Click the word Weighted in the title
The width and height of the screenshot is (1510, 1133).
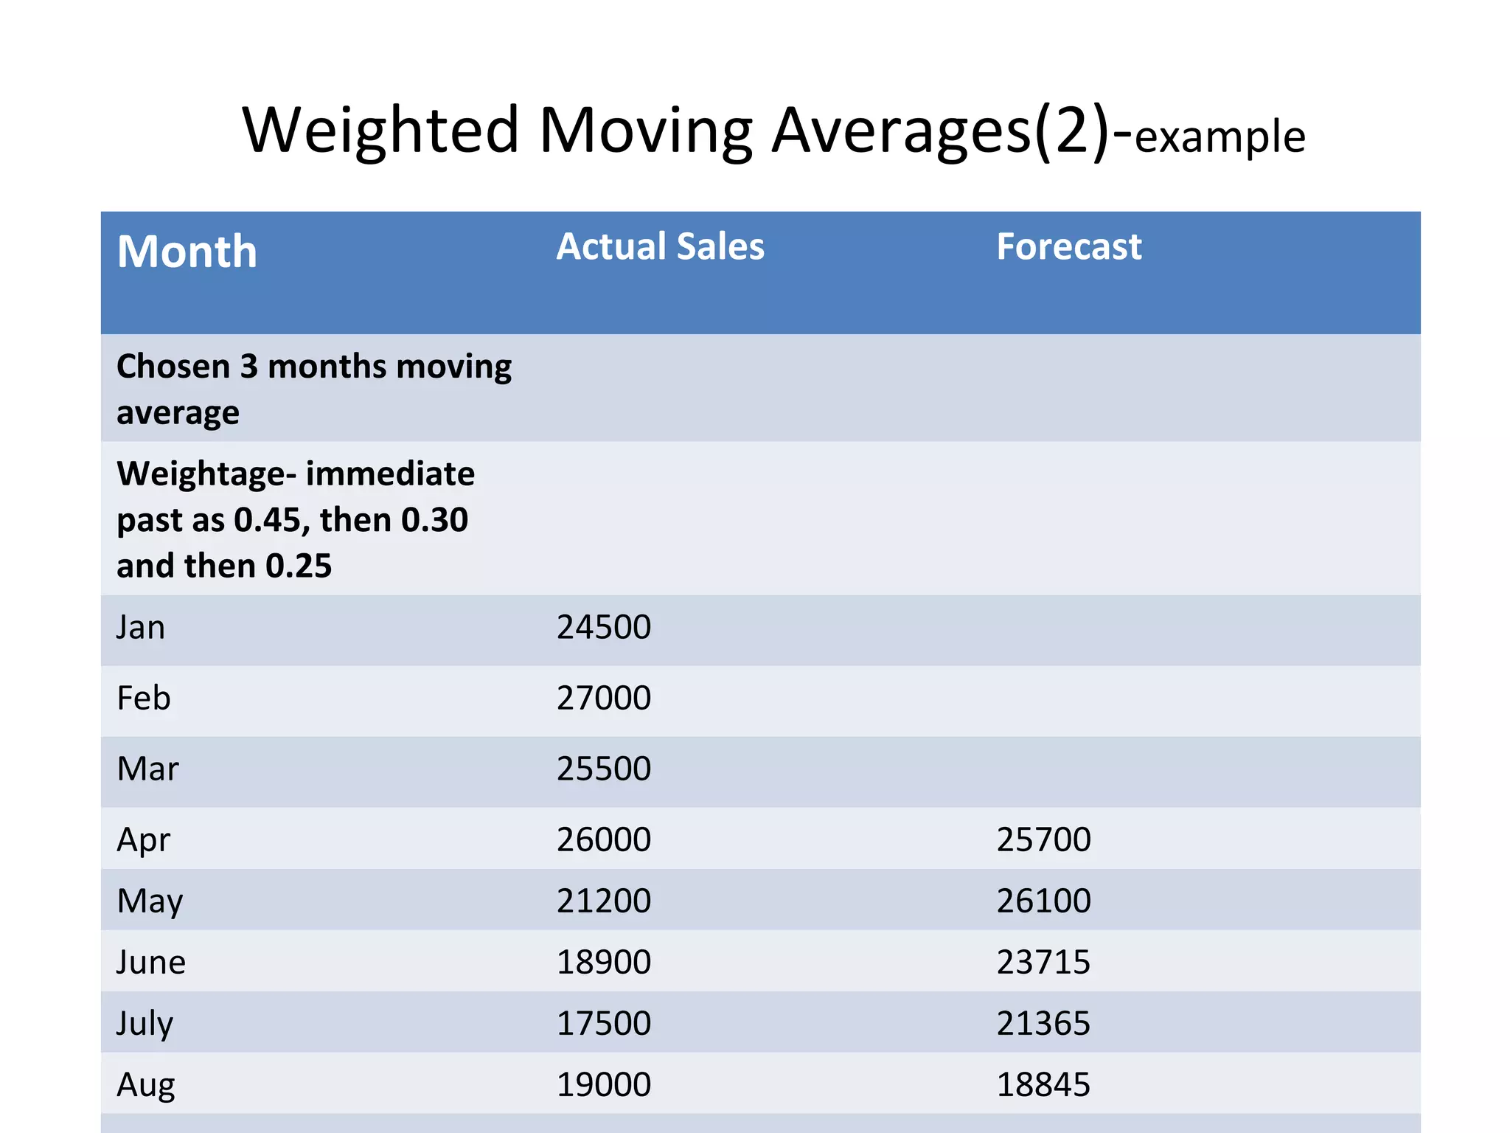point(380,131)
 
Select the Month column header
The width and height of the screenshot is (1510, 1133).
point(187,252)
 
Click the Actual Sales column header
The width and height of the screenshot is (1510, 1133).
point(660,246)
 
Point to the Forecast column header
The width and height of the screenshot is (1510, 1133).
point(1068,246)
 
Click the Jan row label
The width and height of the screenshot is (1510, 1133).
point(141,628)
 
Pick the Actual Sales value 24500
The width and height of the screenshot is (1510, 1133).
point(603,628)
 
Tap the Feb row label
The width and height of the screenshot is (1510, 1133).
point(144,699)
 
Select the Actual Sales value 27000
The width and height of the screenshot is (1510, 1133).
point(603,699)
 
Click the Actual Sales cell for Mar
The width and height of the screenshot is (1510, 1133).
point(603,769)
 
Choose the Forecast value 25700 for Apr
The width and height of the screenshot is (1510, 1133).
point(1043,839)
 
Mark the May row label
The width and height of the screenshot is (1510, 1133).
point(150,901)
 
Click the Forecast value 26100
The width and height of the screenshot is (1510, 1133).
point(1043,901)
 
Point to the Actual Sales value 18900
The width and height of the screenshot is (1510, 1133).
point(603,963)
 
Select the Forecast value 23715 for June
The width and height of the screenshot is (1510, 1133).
point(1043,963)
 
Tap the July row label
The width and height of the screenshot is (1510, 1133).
point(145,1024)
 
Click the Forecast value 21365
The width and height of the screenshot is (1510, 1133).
point(1043,1024)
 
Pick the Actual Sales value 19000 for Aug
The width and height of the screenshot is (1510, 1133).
point(603,1085)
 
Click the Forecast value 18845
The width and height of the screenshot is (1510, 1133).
point(1043,1085)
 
